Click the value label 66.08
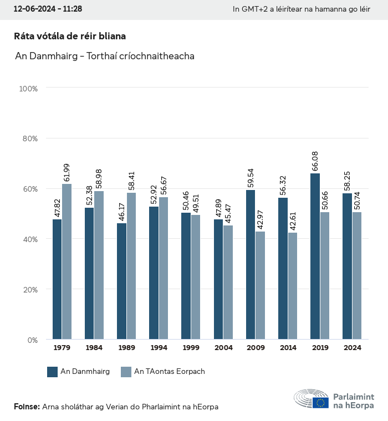point(315,161)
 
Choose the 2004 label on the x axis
point(223,348)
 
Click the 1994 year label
point(159,348)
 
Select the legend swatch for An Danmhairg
point(53,372)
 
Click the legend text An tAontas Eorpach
point(170,372)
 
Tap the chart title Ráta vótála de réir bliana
point(70,36)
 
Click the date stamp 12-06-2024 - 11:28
point(48,9)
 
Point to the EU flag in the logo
point(320,403)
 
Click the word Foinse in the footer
point(26,407)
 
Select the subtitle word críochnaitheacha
point(157,56)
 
